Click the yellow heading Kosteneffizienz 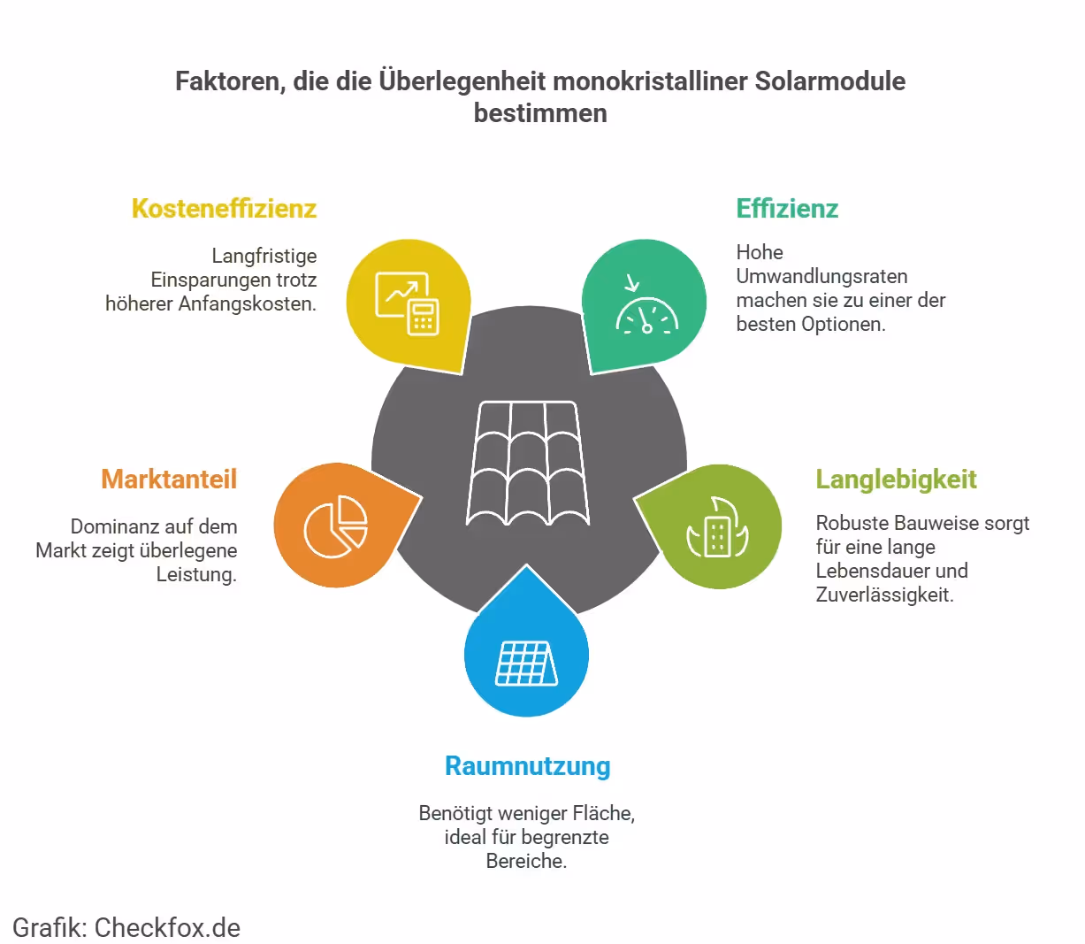224,209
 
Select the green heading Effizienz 787,209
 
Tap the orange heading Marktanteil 169,480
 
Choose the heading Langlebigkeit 896,480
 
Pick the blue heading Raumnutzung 527,766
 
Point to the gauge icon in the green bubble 646,306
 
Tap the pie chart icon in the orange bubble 336,526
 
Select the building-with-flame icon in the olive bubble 717,528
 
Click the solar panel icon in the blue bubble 527,663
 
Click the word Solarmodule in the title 829,81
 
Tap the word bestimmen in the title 540,113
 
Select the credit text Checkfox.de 167,927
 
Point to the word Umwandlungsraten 821,276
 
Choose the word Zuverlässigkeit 884,595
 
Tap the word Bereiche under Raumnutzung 525,861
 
